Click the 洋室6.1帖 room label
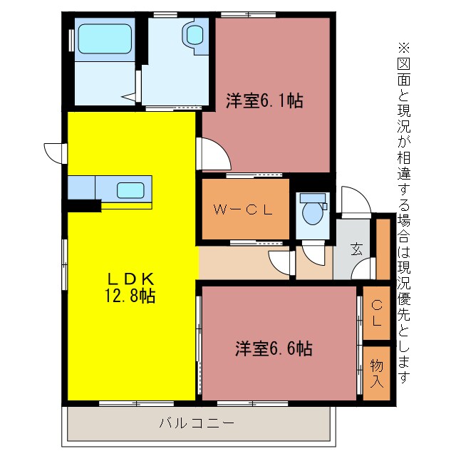point(265,101)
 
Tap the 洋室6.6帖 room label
point(274,349)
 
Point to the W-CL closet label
point(244,209)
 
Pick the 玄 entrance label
point(356,249)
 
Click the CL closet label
point(377,313)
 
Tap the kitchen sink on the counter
point(130,190)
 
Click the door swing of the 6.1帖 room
point(213,152)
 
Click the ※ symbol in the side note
point(404,48)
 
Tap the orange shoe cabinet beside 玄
point(383,249)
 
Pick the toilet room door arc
point(311,253)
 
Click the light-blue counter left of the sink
point(81,188)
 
